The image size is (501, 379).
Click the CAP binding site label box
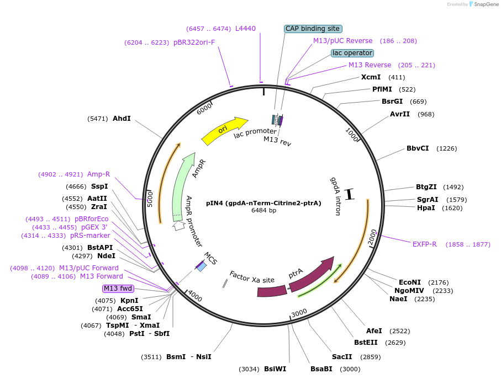(313, 29)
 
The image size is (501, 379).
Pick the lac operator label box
(352, 53)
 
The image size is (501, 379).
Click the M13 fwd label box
(118, 289)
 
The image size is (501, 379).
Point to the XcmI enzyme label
(371, 77)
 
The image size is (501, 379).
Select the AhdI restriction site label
(122, 119)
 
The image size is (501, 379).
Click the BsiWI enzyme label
(275, 369)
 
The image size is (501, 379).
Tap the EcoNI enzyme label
(410, 282)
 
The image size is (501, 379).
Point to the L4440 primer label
(245, 29)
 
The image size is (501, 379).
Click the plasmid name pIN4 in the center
(263, 203)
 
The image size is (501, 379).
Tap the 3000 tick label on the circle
(299, 313)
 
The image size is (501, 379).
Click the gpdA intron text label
(335, 196)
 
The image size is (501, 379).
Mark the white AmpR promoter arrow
(179, 225)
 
